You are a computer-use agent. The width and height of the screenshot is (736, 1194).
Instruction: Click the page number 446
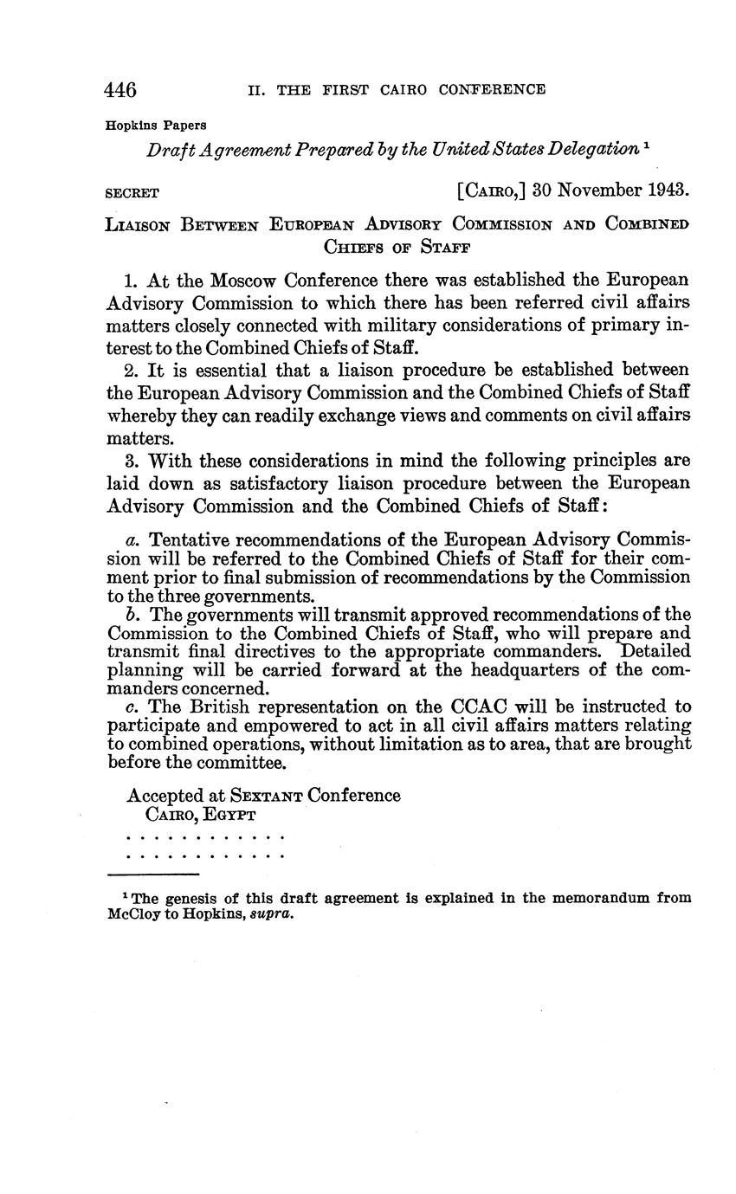click(x=120, y=90)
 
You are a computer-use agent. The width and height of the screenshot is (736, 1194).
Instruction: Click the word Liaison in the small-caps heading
click(x=139, y=225)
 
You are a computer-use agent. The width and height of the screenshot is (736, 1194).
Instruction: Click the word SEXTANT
click(x=267, y=796)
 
